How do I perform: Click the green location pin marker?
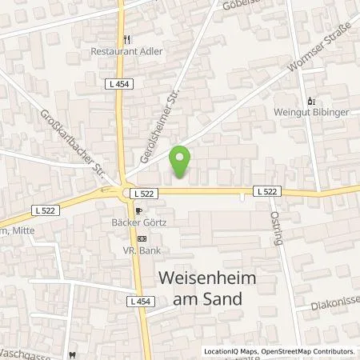pyautogui.click(x=182, y=162)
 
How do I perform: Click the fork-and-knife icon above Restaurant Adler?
pyautogui.click(x=125, y=38)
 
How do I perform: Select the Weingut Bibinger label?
pyautogui.click(x=310, y=114)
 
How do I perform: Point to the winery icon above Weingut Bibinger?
pyautogui.click(x=310, y=102)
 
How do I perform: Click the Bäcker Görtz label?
pyautogui.click(x=138, y=224)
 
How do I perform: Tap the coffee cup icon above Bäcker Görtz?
pyautogui.click(x=138, y=212)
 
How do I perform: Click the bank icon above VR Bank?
pyautogui.click(x=142, y=238)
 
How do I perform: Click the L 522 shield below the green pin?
pyautogui.click(x=144, y=193)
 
